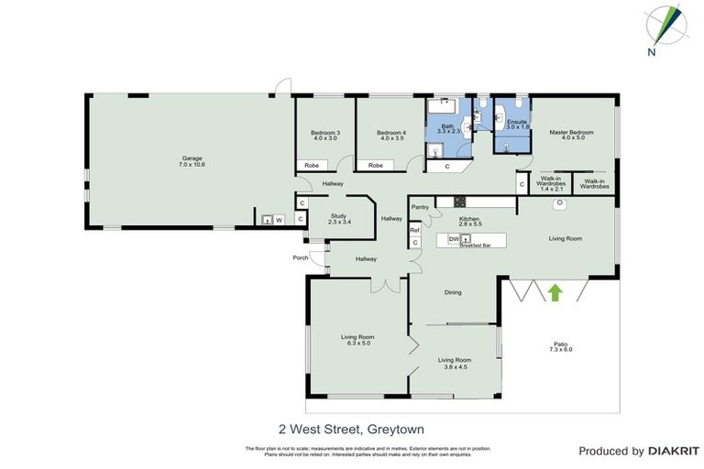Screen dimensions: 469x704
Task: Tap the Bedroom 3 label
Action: [x=326, y=134]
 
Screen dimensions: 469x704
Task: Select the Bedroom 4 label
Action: [x=390, y=134]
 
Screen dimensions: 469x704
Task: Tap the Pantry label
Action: [x=421, y=208]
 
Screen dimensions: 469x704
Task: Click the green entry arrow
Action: [x=554, y=292]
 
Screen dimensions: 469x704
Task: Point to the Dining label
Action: [x=453, y=293]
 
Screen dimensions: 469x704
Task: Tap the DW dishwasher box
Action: [x=453, y=239]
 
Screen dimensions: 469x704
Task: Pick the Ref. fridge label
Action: [x=414, y=231]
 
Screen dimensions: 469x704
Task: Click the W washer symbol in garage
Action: [x=278, y=220]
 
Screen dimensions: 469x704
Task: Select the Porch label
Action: [x=300, y=257]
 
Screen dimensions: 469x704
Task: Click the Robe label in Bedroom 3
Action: [x=312, y=166]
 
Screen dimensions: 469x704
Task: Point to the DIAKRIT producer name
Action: [x=674, y=451]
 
